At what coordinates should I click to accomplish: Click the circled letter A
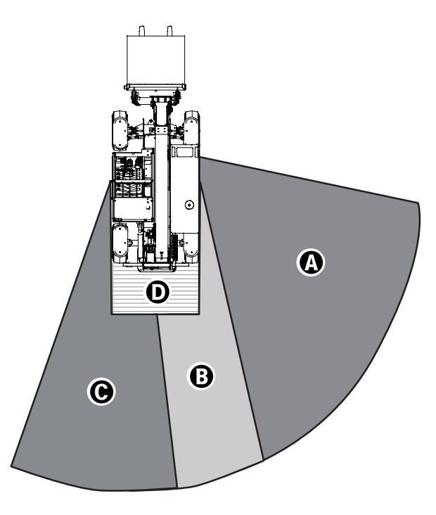310,263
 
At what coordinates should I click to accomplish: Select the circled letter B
201,376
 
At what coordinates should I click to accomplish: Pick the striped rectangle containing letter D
130,295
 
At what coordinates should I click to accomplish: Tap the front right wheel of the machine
191,129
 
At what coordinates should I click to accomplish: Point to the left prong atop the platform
141,31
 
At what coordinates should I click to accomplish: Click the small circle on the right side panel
188,205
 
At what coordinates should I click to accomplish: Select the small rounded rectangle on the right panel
184,151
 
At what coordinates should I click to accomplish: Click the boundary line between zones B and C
166,401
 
